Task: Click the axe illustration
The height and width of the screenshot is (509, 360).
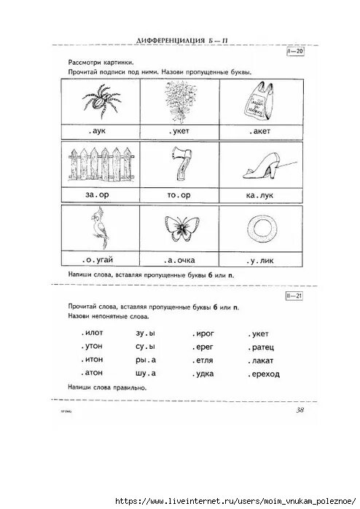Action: click(x=180, y=167)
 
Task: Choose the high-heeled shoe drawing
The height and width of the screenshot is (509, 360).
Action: click(x=257, y=167)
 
